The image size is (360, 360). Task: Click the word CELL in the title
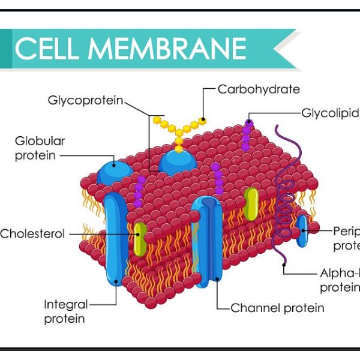[50, 49]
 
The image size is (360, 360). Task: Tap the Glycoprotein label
[85, 100]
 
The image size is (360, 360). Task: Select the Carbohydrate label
[258, 89]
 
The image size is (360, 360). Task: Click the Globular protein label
[40, 148]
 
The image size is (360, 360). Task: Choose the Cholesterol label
[32, 234]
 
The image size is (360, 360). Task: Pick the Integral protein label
[65, 311]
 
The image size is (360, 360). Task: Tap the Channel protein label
[277, 308]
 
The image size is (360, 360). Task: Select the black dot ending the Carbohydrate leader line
[203, 119]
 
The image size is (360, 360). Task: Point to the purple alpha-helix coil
[283, 192]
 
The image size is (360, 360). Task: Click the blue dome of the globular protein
[116, 169]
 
